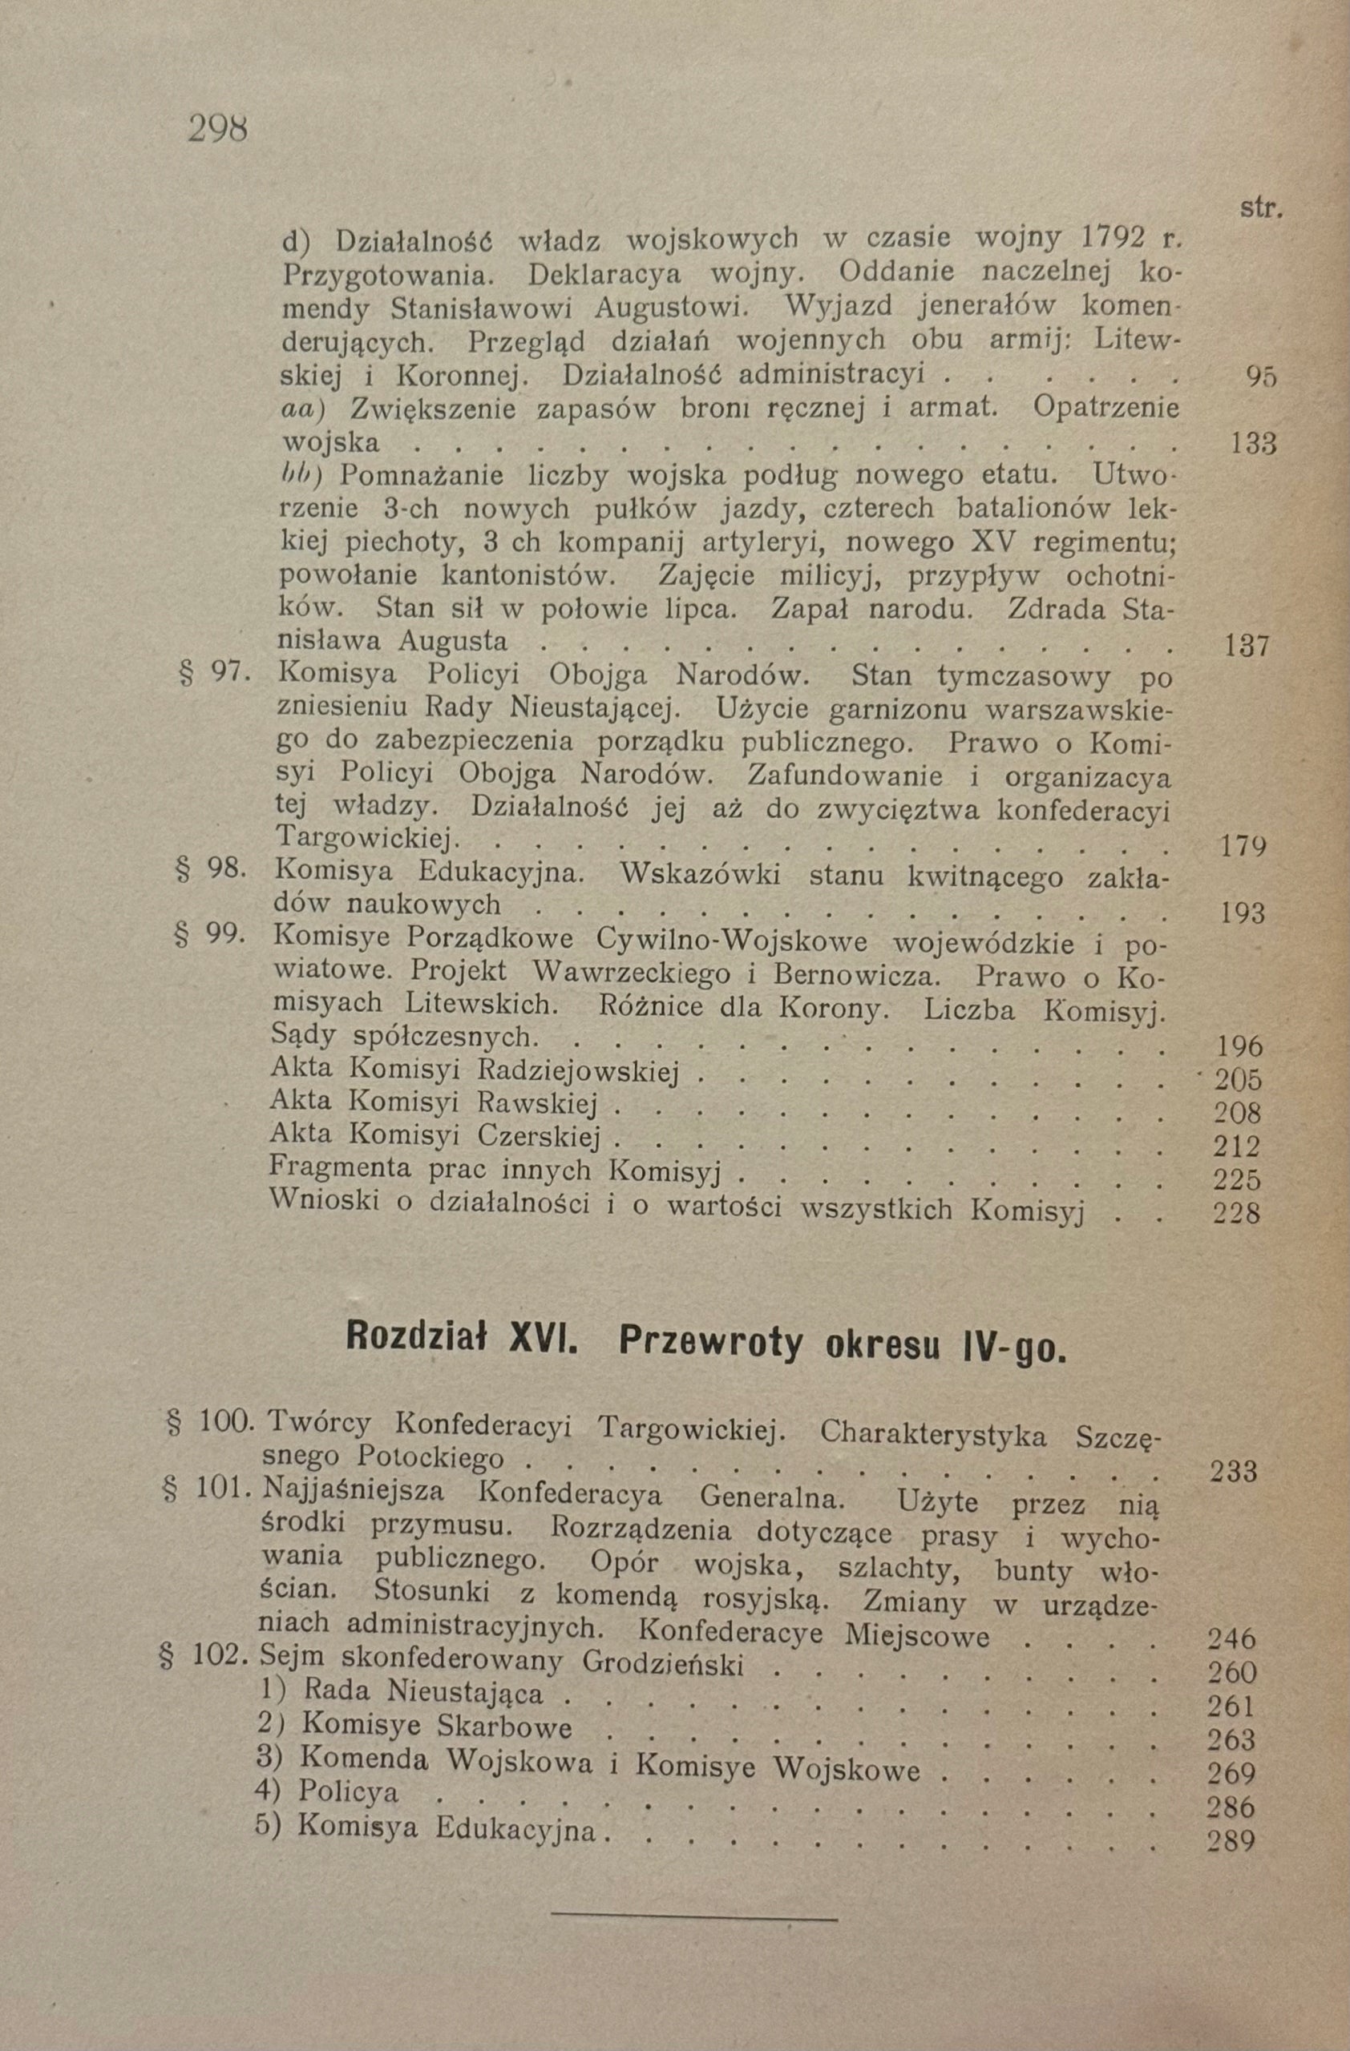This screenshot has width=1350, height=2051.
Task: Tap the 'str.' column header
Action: [1261, 208]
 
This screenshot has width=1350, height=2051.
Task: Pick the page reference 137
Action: [1247, 646]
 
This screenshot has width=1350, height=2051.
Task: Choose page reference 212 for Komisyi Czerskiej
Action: [1237, 1147]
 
